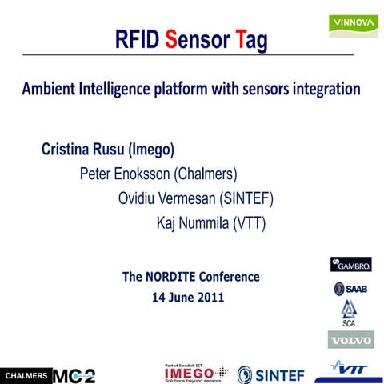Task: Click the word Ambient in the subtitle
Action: pyautogui.click(x=52, y=89)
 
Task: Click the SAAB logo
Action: pyautogui.click(x=351, y=289)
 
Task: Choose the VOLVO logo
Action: pyautogui.click(x=351, y=340)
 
